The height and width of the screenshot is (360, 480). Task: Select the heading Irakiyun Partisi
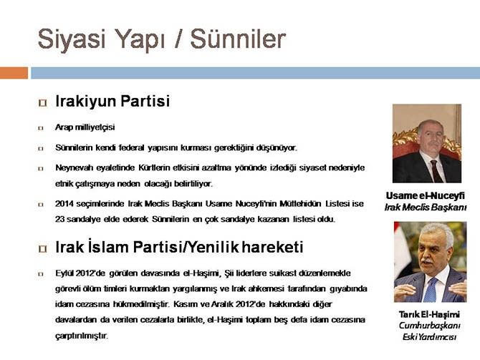click(x=112, y=102)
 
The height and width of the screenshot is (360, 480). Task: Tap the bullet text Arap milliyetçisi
click(x=85, y=127)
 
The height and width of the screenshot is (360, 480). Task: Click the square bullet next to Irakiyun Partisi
click(x=42, y=103)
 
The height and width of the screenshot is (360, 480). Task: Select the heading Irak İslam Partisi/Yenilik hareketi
click(x=179, y=248)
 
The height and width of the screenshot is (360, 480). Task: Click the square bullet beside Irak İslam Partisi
click(x=42, y=249)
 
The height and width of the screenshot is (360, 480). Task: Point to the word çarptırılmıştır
click(x=82, y=335)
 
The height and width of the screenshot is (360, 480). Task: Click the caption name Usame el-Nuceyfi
click(x=426, y=195)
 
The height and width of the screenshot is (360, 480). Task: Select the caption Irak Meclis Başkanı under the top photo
click(x=426, y=207)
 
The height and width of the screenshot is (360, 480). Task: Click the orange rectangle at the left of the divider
click(x=14, y=72)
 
